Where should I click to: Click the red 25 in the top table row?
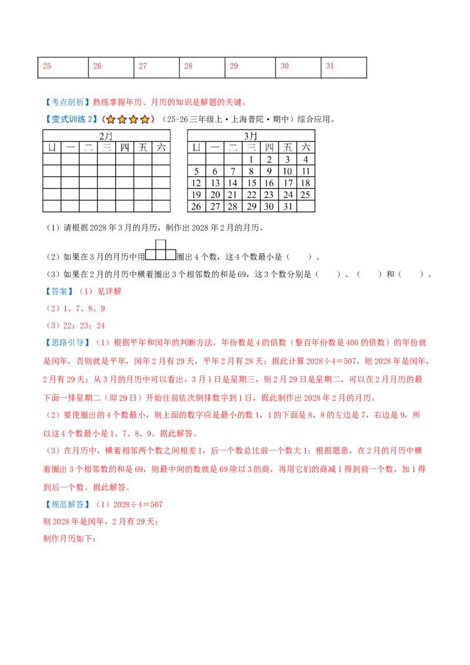pos(47,66)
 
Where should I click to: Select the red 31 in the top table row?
pos(330,66)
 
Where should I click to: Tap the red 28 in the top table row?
pos(189,66)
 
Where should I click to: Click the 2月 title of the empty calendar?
pos(106,136)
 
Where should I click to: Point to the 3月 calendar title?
pos(251,136)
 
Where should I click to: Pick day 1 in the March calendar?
pos(251,159)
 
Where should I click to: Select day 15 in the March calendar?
pos(251,183)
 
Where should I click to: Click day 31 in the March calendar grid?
pos(288,207)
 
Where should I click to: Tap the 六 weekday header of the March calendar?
pos(306,147)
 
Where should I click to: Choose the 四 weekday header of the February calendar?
pos(125,147)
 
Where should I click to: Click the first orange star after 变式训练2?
pos(110,120)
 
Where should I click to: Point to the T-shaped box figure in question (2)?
pos(160,250)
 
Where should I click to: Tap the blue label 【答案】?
pos(59,291)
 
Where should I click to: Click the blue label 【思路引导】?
pos(68,342)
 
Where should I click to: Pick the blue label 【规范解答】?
pos(68,505)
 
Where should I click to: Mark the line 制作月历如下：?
pos(70,539)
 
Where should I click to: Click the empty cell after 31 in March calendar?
pos(306,207)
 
